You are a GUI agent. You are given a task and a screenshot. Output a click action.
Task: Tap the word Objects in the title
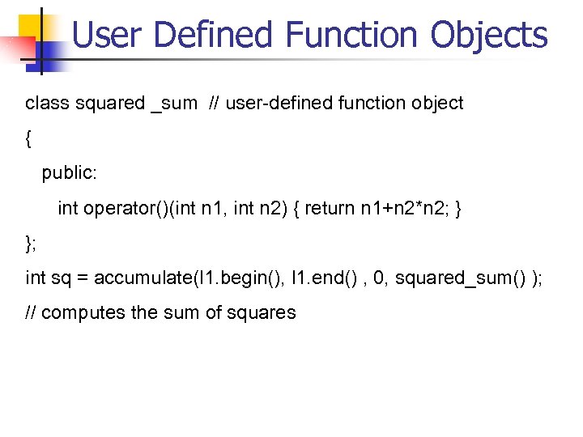[489, 35]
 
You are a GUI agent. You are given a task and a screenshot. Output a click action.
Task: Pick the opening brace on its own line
[29, 138]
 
